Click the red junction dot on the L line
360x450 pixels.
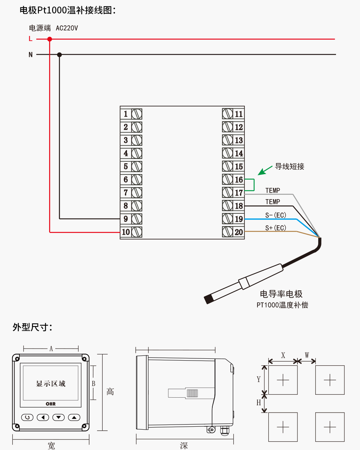[50, 39]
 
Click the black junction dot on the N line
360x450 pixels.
[60, 55]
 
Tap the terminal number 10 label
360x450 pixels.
[126, 232]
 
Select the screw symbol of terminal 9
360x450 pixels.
[137, 219]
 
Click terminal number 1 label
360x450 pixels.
[126, 114]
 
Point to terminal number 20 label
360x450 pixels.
[239, 232]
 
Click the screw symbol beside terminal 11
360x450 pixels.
[228, 114]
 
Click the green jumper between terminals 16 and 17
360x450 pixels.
[253, 185]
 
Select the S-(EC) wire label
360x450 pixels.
[276, 215]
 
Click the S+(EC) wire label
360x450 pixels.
[276, 228]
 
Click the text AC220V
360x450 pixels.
[67, 28]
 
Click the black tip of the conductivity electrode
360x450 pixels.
[209, 299]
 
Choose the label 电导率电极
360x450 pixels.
[281, 294]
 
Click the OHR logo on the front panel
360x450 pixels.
[51, 404]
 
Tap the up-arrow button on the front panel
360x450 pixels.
[74, 417]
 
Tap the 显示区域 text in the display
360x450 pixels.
[51, 383]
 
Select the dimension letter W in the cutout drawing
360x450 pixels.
[307, 355]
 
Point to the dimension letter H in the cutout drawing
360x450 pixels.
[259, 402]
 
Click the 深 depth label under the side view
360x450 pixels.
[184, 445]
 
